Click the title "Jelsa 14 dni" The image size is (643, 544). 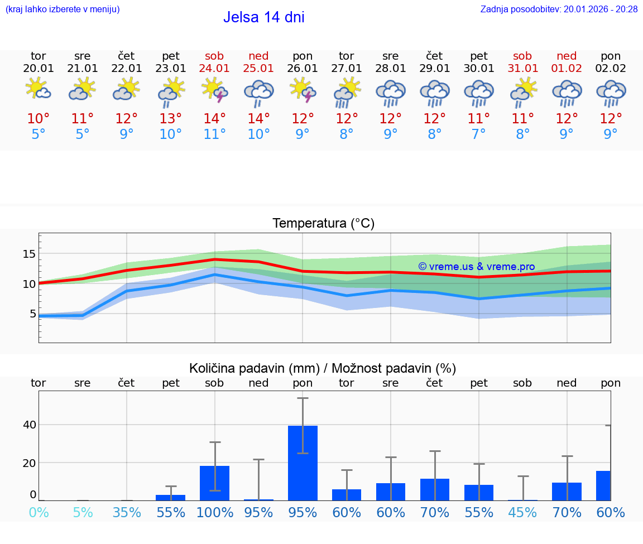click(263, 17)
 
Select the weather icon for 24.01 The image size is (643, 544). click(214, 90)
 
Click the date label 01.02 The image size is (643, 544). click(567, 69)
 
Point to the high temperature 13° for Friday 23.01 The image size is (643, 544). click(170, 119)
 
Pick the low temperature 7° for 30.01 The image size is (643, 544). click(478, 134)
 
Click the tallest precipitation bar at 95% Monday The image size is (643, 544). click(303, 463)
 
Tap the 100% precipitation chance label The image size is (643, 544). click(214, 512)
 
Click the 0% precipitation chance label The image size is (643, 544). click(39, 512)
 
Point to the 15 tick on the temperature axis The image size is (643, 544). click(28, 254)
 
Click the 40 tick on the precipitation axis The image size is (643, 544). click(29, 425)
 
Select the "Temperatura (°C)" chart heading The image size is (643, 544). click(323, 224)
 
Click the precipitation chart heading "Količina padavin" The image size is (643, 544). click(323, 368)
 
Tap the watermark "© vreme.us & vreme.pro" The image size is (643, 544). click(476, 267)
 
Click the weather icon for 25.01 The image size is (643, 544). click(258, 92)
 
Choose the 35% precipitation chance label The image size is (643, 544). click(127, 512)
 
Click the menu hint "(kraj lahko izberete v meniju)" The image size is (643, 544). click(63, 9)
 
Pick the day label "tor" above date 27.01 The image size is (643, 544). click(346, 56)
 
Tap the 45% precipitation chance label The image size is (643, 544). click(522, 512)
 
